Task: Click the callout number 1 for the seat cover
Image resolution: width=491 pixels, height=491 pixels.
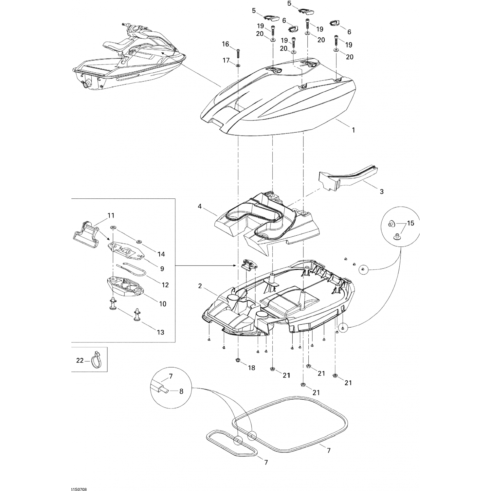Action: (x=353, y=130)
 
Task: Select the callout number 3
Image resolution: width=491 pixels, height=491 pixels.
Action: (x=382, y=191)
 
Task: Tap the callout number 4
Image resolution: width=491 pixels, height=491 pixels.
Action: (x=200, y=207)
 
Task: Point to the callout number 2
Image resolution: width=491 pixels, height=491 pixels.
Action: (x=200, y=286)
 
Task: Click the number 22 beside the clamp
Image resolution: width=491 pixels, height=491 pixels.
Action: (x=80, y=360)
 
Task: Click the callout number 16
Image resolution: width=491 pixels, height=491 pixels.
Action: (x=226, y=44)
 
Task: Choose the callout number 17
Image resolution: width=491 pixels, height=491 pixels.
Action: (x=226, y=60)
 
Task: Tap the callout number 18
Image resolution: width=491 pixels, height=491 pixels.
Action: (x=251, y=368)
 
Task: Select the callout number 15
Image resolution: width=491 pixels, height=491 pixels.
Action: (x=410, y=223)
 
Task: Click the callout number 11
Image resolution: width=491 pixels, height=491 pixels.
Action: (x=111, y=215)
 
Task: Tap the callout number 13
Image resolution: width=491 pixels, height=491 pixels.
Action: (x=160, y=332)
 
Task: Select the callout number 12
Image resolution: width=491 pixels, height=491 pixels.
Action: (x=165, y=285)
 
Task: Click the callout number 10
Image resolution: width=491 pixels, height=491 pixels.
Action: (x=163, y=304)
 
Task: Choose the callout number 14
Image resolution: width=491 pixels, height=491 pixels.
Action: (x=161, y=254)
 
